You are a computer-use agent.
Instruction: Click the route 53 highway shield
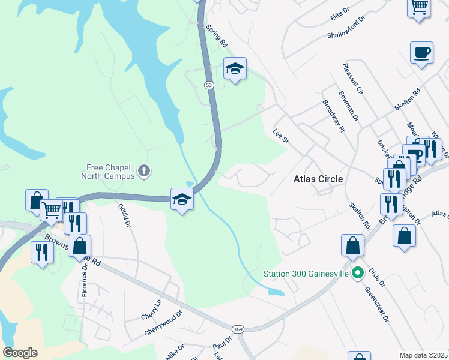tap(209, 86)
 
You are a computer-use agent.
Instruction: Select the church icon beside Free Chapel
tap(144, 172)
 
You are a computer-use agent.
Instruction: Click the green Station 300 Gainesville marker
tap(358, 274)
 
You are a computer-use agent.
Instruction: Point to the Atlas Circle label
tap(318, 179)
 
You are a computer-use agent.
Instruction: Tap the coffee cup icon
tap(421, 52)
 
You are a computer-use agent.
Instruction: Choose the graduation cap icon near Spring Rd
tap(235, 69)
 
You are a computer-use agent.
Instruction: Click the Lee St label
tap(281, 136)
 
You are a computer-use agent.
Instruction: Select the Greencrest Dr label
tap(376, 305)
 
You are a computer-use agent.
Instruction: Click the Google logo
tap(20, 353)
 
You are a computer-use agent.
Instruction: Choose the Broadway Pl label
tap(333, 116)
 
